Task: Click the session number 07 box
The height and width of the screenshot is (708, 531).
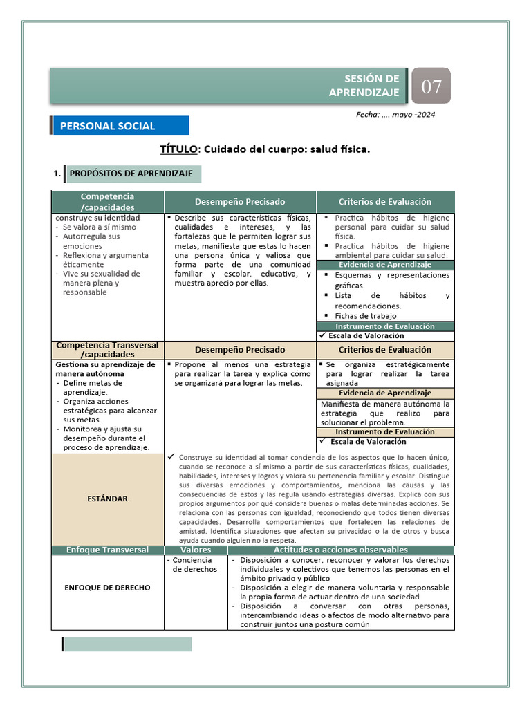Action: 431,86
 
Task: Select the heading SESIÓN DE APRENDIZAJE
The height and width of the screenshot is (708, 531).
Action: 373,86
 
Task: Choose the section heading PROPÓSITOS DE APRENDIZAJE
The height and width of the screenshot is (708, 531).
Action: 131,174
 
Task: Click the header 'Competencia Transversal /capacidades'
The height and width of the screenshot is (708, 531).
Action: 107,349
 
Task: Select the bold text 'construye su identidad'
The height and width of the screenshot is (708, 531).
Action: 97,218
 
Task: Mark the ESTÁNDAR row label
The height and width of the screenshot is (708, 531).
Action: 106,499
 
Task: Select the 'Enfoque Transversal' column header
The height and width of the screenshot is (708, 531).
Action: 107,550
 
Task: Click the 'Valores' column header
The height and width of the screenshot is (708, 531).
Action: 196,550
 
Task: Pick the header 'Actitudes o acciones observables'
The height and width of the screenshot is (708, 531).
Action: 341,550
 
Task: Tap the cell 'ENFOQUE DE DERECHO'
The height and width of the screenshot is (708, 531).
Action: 107,588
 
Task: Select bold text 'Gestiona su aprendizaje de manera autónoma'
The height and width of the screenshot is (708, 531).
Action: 105,369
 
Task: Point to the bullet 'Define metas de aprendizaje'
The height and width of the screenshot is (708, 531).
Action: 92,387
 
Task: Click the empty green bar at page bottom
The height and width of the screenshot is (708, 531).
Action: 127,644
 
